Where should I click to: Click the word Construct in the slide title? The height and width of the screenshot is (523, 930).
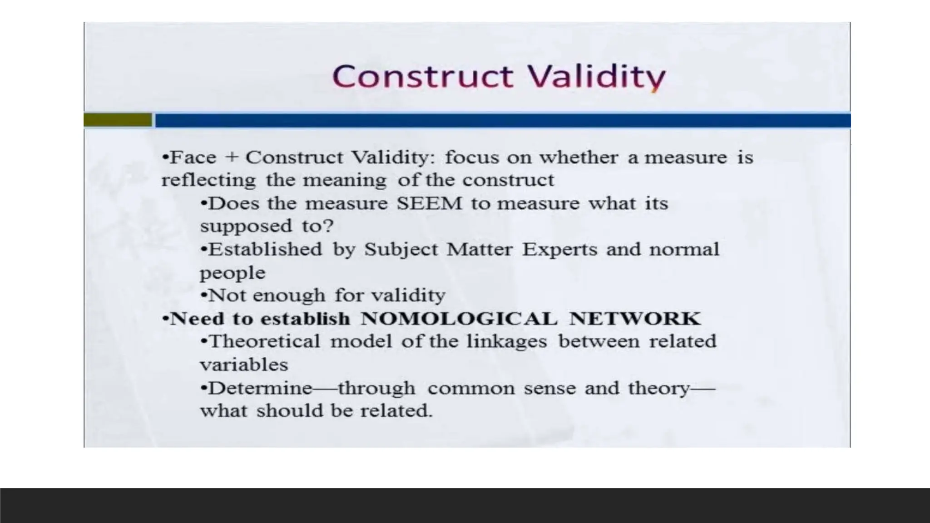[422, 76]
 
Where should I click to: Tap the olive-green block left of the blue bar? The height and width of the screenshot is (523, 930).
[118, 120]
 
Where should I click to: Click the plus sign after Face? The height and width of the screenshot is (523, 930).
[232, 158]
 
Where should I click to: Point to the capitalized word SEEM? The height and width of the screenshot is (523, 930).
[429, 203]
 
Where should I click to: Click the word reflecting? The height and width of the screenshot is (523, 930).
[208, 180]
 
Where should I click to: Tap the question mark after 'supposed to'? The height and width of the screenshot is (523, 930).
[329, 226]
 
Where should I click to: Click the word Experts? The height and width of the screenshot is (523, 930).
[559, 250]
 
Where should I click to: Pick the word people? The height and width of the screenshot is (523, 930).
[232, 273]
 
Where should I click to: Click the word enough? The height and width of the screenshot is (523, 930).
[289, 296]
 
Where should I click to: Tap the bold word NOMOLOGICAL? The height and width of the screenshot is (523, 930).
[459, 319]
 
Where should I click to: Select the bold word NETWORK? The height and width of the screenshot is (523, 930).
[635, 319]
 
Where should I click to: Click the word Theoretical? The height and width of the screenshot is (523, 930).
[265, 341]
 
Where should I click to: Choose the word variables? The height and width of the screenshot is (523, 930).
[244, 365]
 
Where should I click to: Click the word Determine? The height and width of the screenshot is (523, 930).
[261, 389]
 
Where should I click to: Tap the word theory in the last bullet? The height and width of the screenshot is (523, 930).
[659, 389]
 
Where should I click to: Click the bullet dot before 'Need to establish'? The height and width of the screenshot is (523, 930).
[165, 319]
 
